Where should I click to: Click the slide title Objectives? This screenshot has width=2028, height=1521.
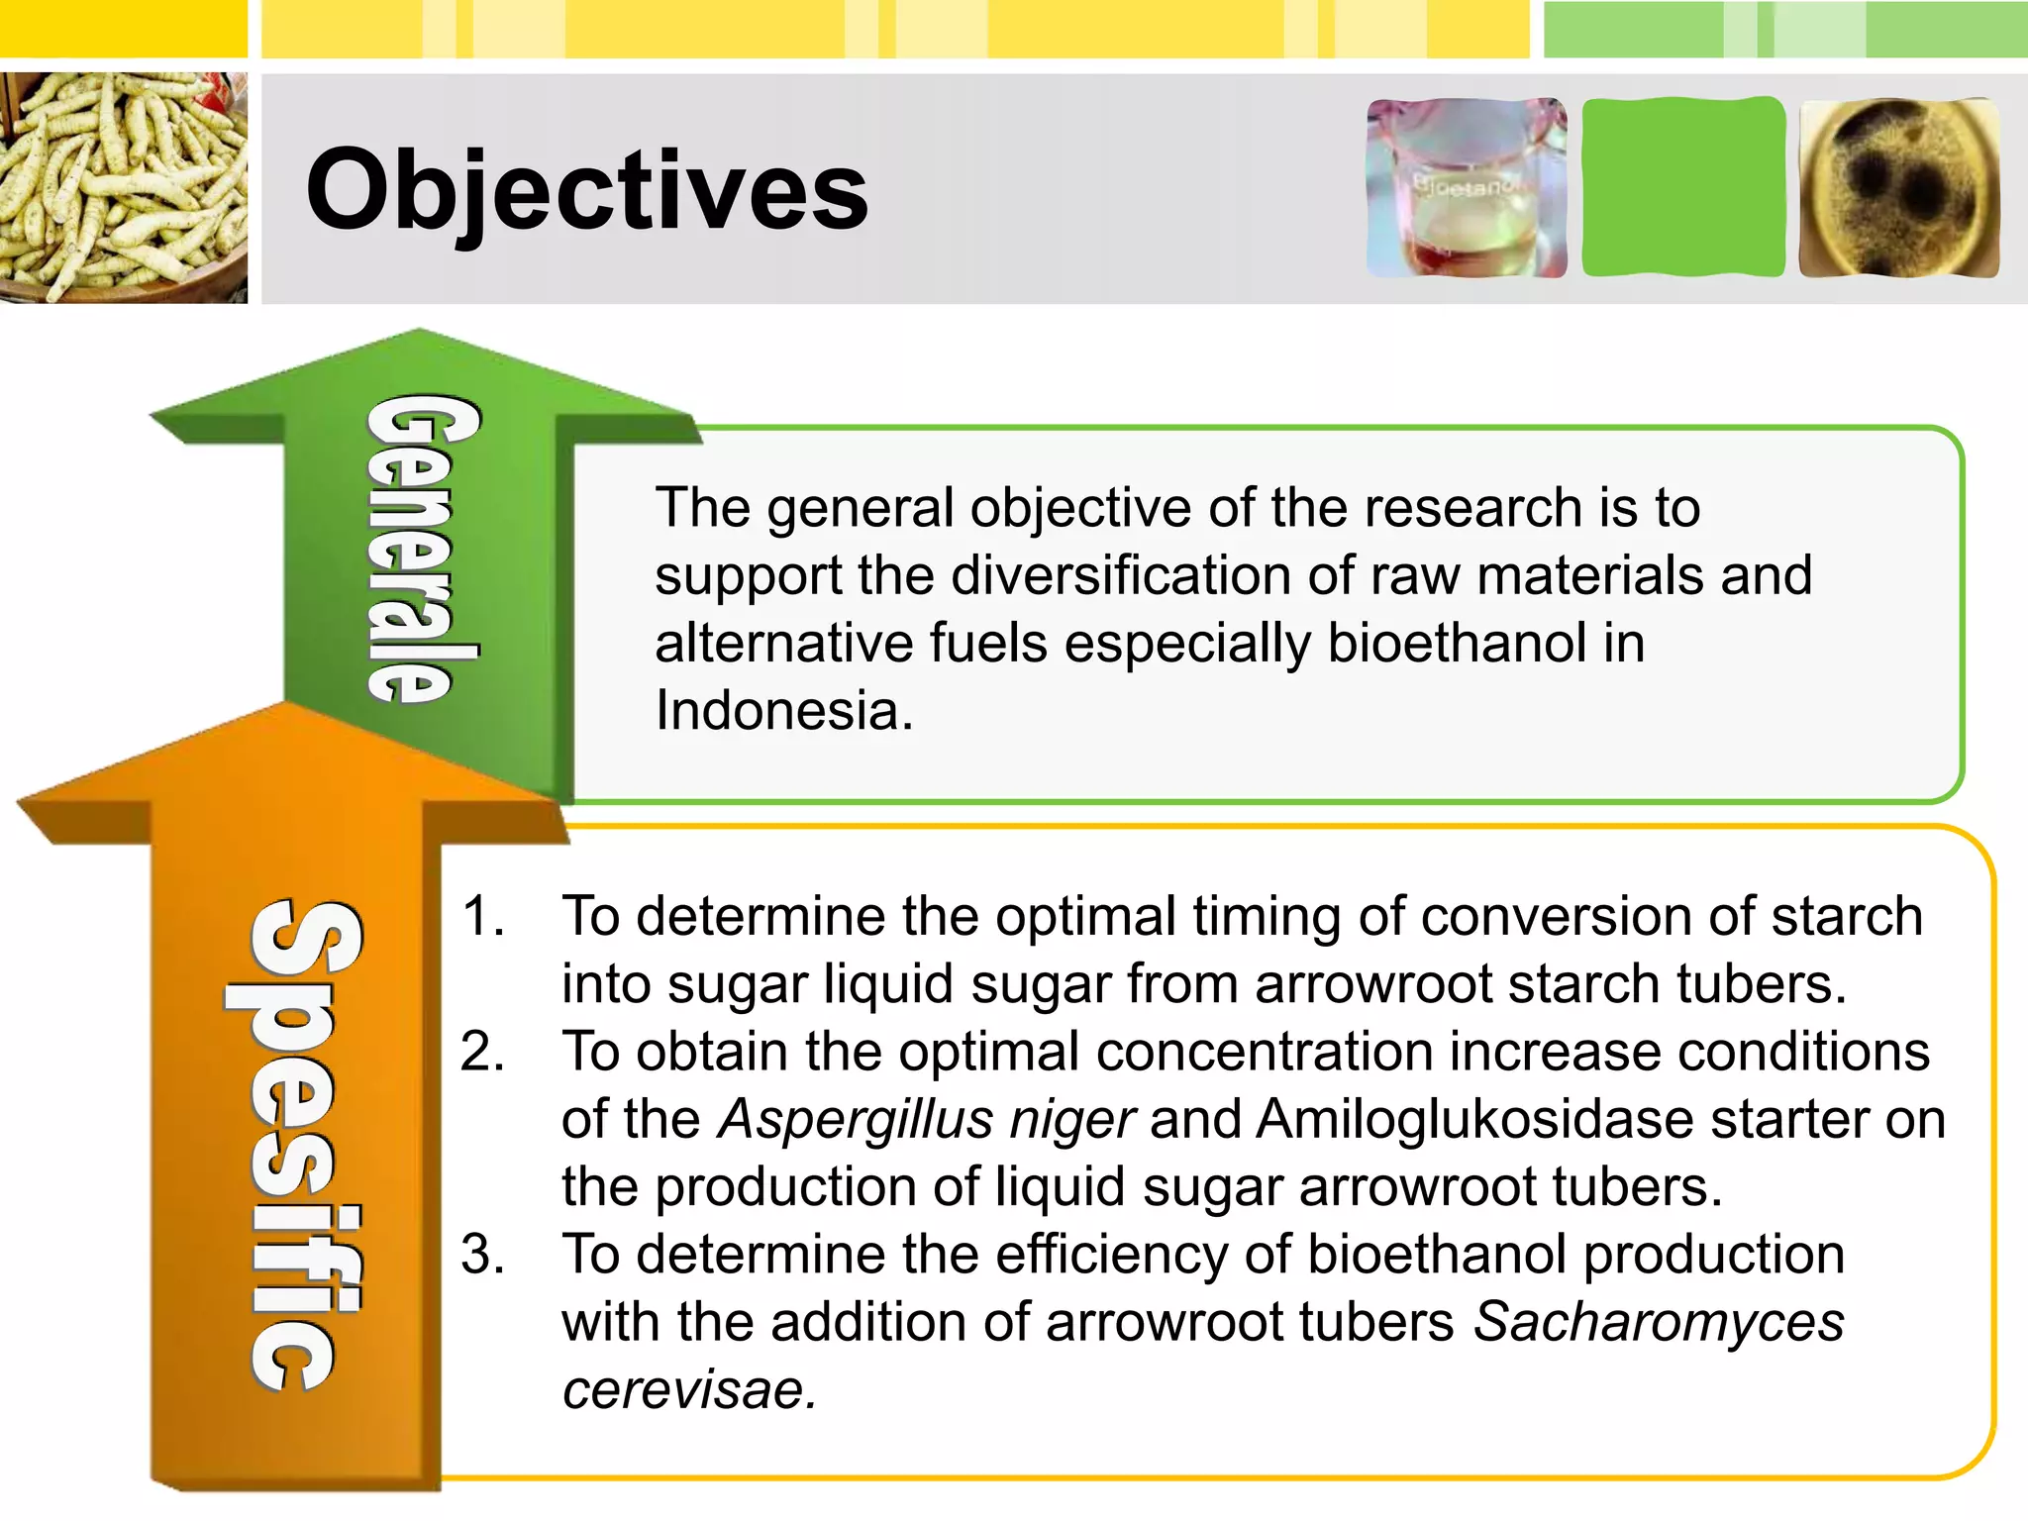[586, 189]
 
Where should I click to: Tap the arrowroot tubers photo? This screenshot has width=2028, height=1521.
[123, 187]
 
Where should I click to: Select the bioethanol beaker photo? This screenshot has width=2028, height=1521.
[1466, 188]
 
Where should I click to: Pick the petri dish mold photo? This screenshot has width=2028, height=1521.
[1898, 188]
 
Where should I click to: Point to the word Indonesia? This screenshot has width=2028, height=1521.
[783, 711]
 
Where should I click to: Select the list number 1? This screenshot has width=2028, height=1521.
[482, 916]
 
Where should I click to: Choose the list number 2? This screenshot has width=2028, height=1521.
[482, 1052]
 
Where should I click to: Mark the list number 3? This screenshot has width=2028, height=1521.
[482, 1255]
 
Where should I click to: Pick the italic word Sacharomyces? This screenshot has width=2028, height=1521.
[1659, 1322]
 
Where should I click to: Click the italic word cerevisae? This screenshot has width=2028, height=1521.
[689, 1389]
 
